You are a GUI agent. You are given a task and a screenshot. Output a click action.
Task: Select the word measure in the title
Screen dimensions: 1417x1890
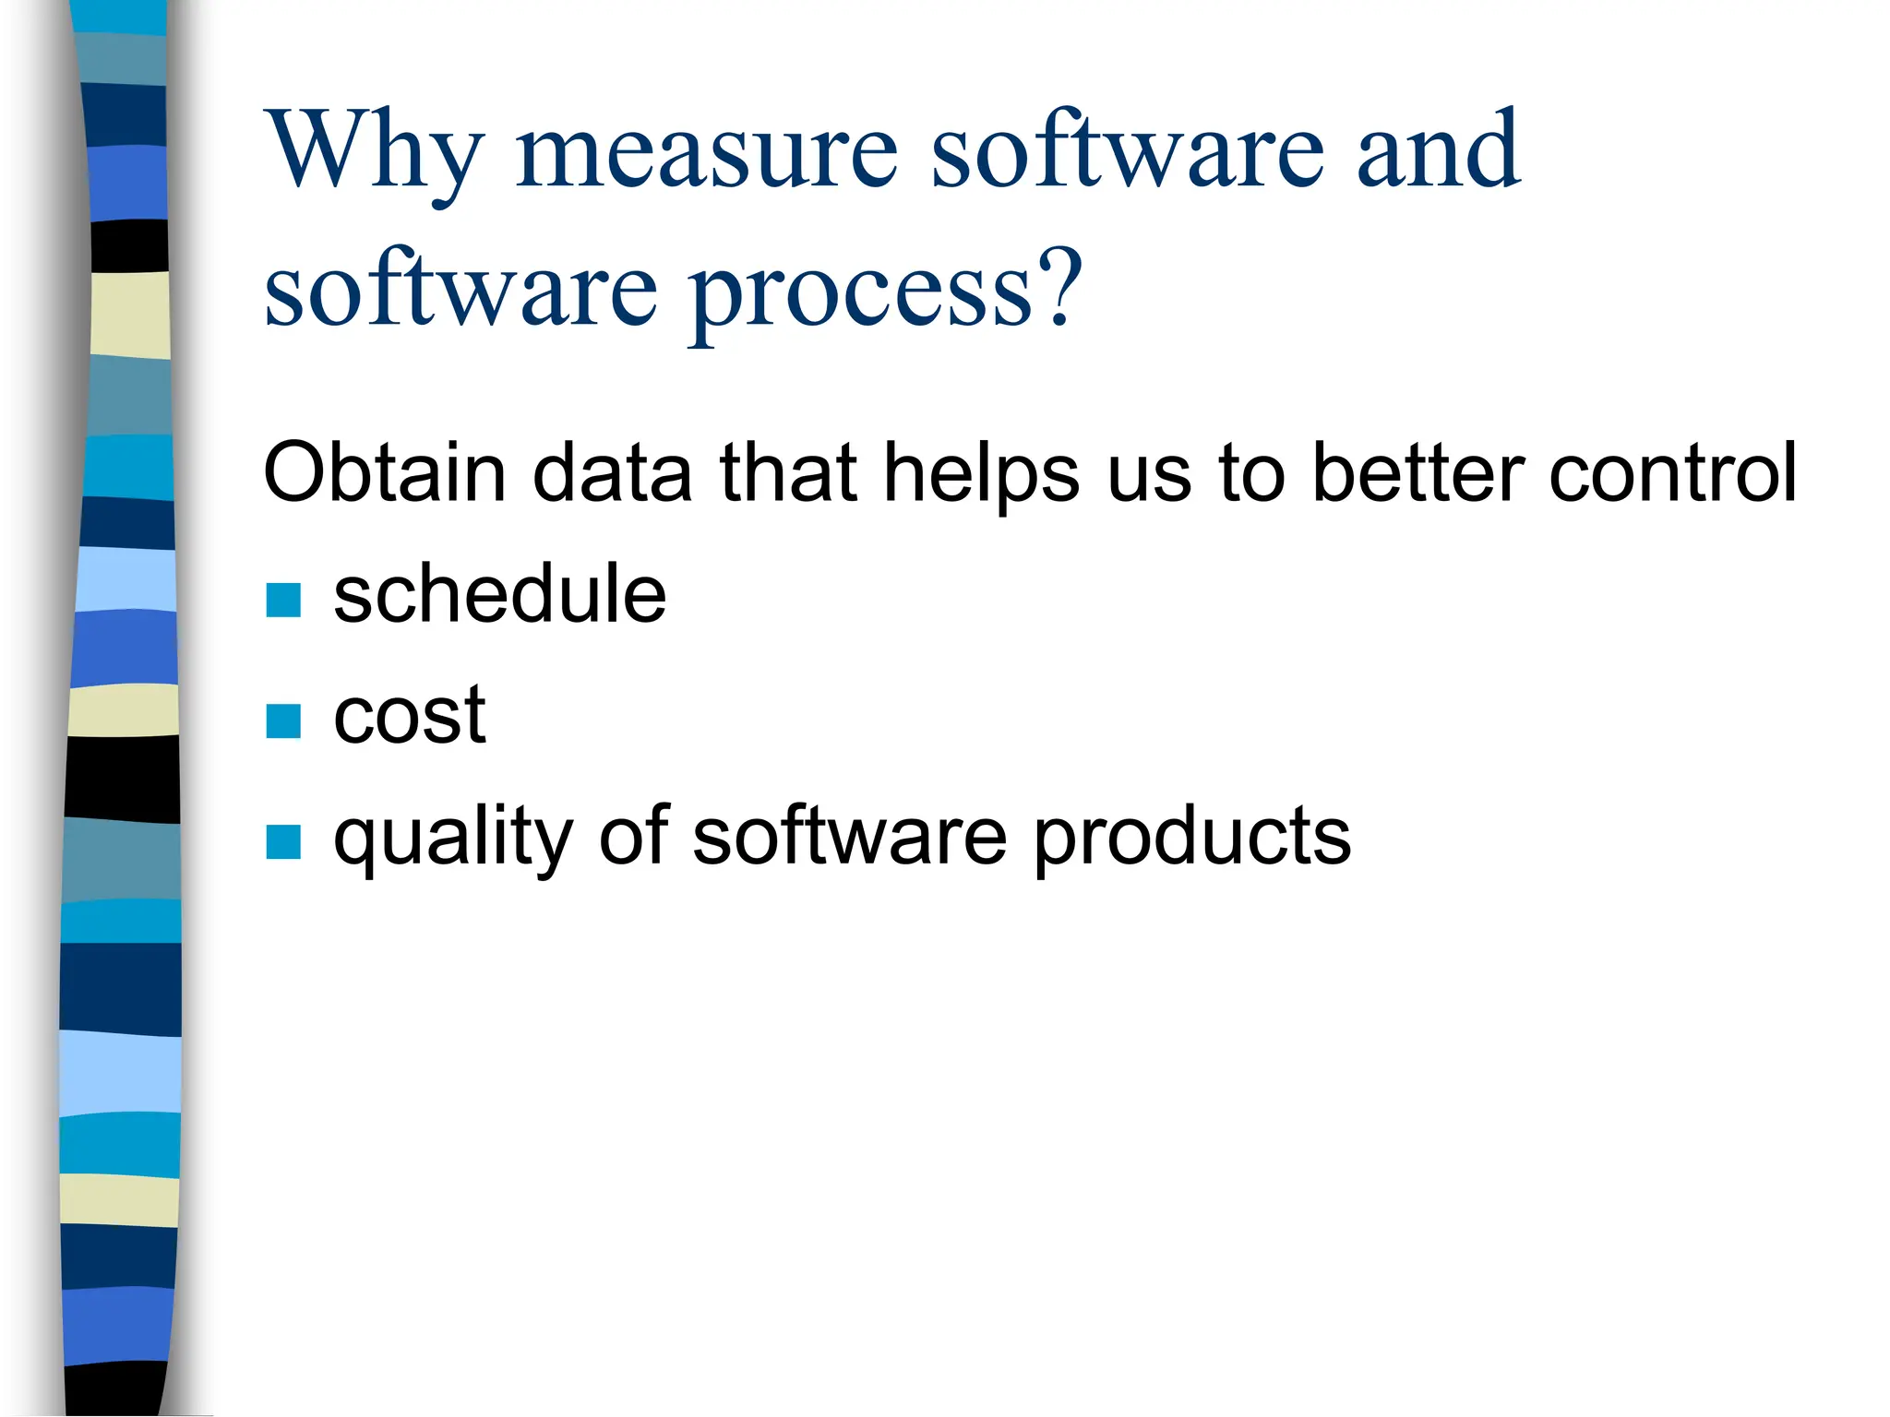[x=706, y=152]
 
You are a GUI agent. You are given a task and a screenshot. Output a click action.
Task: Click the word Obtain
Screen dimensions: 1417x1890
[x=384, y=472]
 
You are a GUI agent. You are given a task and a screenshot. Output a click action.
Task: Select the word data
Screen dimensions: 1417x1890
[x=612, y=472]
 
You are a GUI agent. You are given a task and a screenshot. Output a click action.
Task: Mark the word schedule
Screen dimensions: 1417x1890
[x=499, y=594]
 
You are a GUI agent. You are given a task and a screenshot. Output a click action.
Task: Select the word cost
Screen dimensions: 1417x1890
[x=409, y=715]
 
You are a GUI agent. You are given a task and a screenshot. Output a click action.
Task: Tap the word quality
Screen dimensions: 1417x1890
[x=453, y=838]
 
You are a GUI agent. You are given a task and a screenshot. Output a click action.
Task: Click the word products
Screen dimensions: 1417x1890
[x=1191, y=838]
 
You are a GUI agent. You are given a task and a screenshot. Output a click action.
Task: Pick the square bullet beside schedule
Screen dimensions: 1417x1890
[x=283, y=600]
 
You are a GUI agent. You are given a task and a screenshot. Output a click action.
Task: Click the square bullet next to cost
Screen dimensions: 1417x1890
[x=283, y=721]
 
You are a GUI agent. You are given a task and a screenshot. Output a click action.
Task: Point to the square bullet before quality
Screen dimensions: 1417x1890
[x=283, y=841]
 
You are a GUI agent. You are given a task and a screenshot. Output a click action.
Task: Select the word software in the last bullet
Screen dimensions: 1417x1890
[x=849, y=836]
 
